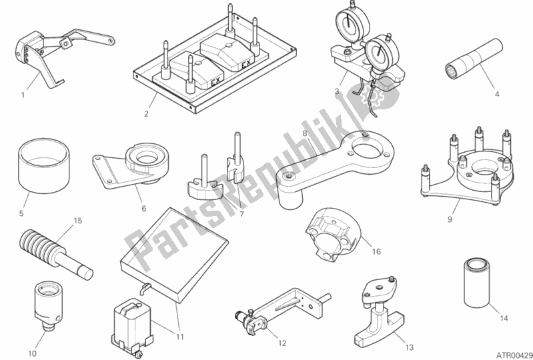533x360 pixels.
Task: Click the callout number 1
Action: (x=23, y=95)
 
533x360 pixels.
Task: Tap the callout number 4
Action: (x=497, y=95)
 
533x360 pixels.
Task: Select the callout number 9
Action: (x=450, y=220)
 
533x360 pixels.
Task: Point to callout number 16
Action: (x=376, y=251)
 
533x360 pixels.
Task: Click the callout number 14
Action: (x=504, y=318)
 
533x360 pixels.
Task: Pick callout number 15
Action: (x=78, y=221)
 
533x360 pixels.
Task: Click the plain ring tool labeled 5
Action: (x=44, y=166)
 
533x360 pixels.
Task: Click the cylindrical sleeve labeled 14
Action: (x=477, y=283)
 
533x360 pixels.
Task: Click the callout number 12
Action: (x=282, y=343)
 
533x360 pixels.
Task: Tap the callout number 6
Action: (x=144, y=209)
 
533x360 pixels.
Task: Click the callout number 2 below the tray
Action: (x=146, y=114)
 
